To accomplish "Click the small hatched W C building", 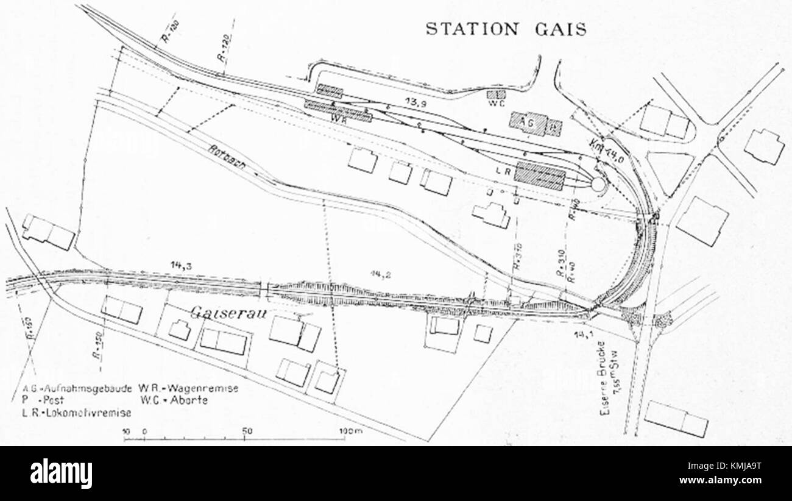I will pyautogui.click(x=497, y=94).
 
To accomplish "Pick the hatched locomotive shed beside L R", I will pyautogui.click(x=539, y=176).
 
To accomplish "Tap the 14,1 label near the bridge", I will pyautogui.click(x=583, y=334).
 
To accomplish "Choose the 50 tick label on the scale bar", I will pyautogui.click(x=247, y=430).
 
